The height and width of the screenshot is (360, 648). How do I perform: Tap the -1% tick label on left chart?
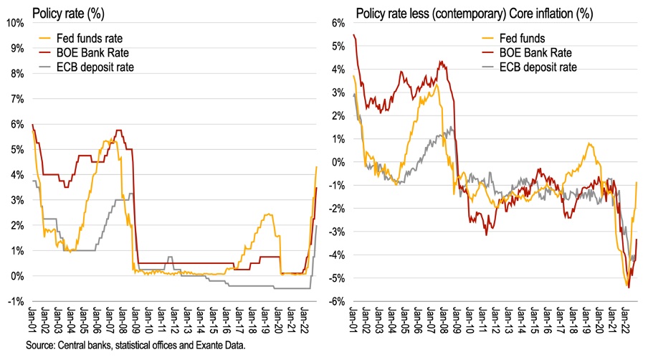click(x=16, y=301)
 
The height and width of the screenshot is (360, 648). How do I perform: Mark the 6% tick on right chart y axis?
click(x=339, y=23)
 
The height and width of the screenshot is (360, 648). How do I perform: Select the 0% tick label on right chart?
click(x=339, y=162)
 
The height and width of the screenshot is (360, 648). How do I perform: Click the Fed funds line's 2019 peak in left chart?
click(x=267, y=214)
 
